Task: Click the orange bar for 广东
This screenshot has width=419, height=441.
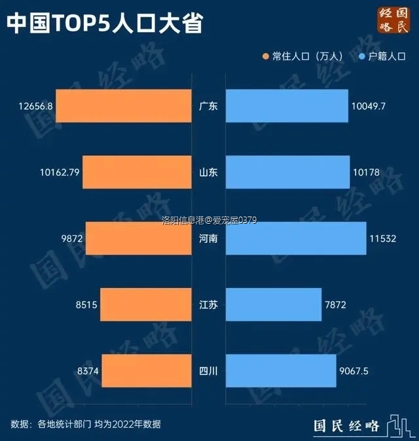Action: [x=124, y=106]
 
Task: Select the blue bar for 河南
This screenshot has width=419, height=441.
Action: [x=295, y=238]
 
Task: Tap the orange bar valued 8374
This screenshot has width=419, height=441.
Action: [x=147, y=371]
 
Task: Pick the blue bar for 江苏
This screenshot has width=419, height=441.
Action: [x=274, y=304]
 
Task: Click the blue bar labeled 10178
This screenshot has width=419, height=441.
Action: [x=287, y=172]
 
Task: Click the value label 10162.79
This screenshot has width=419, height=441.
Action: [x=59, y=173]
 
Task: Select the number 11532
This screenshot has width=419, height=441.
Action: [x=382, y=239]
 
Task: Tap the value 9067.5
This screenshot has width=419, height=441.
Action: [x=355, y=371]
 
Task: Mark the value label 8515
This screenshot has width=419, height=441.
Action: [x=86, y=305]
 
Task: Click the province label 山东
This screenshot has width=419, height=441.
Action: [x=208, y=173]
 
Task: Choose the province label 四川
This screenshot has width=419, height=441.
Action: [x=208, y=371]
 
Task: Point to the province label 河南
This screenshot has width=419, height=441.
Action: [x=208, y=239]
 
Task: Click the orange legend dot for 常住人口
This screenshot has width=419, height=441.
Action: [x=265, y=57]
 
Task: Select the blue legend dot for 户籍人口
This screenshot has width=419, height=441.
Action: [x=361, y=57]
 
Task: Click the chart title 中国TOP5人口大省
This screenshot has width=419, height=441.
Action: [x=104, y=24]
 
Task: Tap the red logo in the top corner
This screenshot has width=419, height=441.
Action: [x=393, y=20]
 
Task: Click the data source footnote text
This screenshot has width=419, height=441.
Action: [x=86, y=424]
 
